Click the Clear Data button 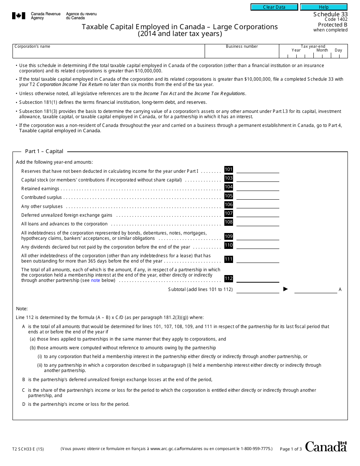[274, 7]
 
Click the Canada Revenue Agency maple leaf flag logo [19, 16]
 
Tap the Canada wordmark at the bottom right [326, 447]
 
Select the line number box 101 [229, 169]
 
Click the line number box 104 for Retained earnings [229, 187]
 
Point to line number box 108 [229, 222]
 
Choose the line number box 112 [229, 278]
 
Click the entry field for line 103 [258, 178]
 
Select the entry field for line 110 [258, 245]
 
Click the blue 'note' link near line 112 [95, 280]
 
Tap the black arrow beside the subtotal [286, 289]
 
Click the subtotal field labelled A [315, 289]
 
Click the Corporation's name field [108, 53]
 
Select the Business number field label [242, 47]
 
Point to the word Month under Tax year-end [322, 50]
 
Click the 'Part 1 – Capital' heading [44, 151]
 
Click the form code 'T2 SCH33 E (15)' [28, 449]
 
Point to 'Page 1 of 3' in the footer [291, 449]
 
